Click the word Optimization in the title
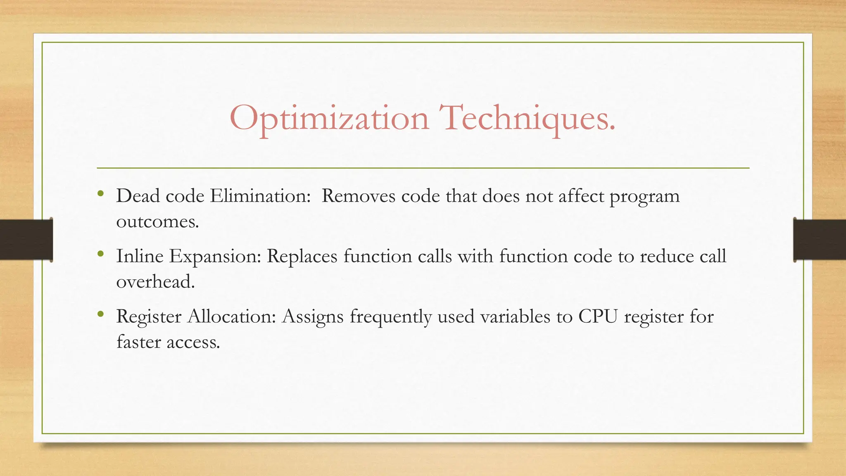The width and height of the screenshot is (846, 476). (329, 119)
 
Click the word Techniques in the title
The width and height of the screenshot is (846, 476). (527, 119)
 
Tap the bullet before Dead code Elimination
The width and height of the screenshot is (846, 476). (100, 193)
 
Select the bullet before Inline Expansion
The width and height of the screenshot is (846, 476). (100, 253)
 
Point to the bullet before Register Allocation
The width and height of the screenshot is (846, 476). (100, 314)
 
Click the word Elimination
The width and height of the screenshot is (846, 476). (260, 195)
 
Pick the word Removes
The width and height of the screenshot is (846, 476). (358, 195)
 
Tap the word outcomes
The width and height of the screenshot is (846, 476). (157, 222)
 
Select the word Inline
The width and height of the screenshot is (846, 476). (140, 256)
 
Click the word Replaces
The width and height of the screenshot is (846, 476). (302, 256)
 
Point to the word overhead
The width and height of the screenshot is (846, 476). (155, 282)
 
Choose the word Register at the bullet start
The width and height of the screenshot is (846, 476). (149, 317)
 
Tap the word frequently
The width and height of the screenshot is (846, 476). (391, 317)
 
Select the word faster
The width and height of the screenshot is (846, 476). (138, 342)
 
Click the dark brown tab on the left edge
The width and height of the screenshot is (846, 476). (26, 240)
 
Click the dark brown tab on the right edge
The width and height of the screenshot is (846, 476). (820, 240)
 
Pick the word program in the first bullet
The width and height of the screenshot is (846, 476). (644, 196)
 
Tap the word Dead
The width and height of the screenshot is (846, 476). (138, 195)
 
